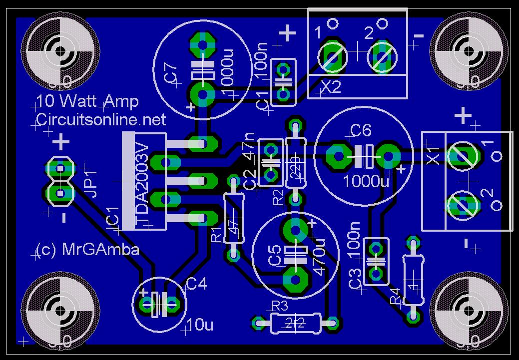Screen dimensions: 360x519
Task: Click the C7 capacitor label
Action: [x=170, y=73]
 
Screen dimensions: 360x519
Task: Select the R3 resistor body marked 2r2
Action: [x=295, y=323]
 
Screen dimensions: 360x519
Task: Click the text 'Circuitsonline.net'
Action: [x=101, y=120]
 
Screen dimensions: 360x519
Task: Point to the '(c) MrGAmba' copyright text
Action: [x=88, y=250]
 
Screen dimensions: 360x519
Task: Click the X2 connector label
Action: [x=330, y=87]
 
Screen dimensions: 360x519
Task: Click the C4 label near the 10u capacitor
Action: [x=196, y=284]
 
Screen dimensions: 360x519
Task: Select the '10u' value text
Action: [x=199, y=326]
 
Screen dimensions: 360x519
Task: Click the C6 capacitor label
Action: [x=361, y=131]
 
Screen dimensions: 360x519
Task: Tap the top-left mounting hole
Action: [x=60, y=51]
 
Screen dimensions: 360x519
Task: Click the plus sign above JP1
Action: [x=61, y=143]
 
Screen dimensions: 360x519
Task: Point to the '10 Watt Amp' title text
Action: [x=87, y=102]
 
